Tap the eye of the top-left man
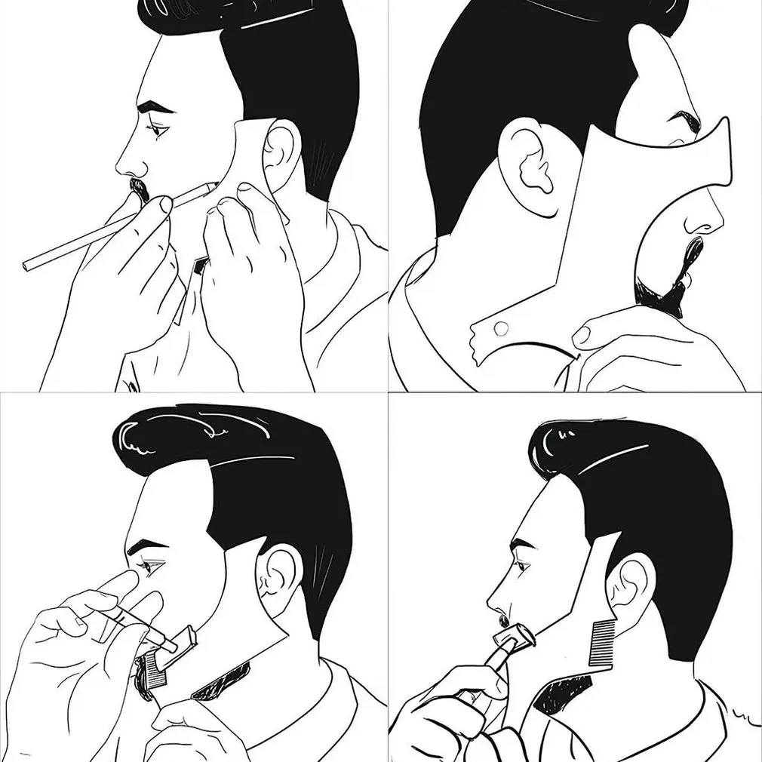tap(158, 130)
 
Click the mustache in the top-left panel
tap(138, 188)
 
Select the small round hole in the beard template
tap(499, 328)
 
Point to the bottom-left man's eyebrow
tap(148, 545)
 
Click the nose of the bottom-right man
tap(495, 604)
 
